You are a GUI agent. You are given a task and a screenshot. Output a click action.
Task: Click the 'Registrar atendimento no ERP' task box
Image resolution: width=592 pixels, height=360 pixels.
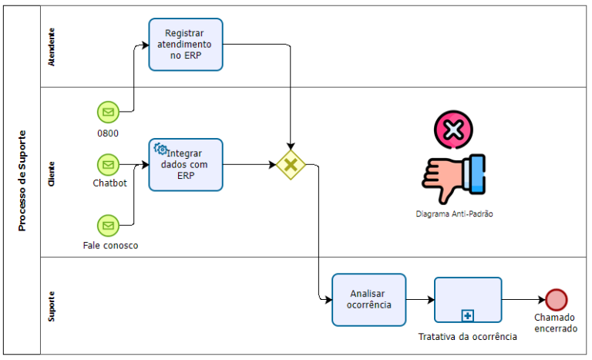tap(186, 45)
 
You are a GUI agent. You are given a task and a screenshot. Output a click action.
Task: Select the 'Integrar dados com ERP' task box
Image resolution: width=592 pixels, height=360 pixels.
tap(186, 164)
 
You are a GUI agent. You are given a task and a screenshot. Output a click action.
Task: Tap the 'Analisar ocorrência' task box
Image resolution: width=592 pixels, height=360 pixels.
tap(369, 299)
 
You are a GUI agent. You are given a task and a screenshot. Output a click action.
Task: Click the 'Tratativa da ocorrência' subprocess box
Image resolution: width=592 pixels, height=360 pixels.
tap(468, 300)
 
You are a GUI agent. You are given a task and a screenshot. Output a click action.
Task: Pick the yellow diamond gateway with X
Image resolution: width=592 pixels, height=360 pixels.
tap(291, 164)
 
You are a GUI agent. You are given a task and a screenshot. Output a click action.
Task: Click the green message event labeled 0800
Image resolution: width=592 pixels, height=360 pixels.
tap(108, 113)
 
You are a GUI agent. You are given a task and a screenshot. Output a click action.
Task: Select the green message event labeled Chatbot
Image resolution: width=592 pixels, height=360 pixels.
tap(108, 164)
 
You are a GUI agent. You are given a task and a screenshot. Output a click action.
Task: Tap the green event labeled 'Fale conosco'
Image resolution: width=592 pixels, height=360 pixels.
tap(108, 225)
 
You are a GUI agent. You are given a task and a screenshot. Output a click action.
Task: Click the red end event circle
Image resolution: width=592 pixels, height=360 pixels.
tap(556, 299)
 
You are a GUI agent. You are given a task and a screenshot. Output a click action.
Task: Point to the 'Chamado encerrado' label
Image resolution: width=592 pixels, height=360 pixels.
tap(555, 322)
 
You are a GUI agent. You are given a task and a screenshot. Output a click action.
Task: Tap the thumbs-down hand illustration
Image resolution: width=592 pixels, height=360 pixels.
tap(453, 178)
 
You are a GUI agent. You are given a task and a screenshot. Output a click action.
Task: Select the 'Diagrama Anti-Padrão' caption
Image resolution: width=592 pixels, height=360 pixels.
tap(453, 214)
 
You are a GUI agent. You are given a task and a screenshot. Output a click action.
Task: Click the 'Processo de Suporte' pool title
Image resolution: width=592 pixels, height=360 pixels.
tap(22, 180)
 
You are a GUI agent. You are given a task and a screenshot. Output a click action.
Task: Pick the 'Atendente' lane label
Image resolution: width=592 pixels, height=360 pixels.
tap(52, 47)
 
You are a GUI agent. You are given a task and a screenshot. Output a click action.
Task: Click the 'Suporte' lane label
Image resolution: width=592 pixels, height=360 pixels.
tap(52, 306)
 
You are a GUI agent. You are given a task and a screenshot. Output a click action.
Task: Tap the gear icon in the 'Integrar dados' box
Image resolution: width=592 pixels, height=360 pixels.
tap(160, 149)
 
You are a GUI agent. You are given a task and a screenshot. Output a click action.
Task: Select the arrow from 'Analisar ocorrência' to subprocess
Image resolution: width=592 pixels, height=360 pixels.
tap(419, 299)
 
